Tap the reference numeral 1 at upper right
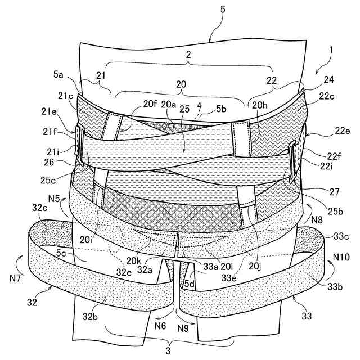(x=331, y=49)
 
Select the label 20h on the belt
(x=260, y=104)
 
